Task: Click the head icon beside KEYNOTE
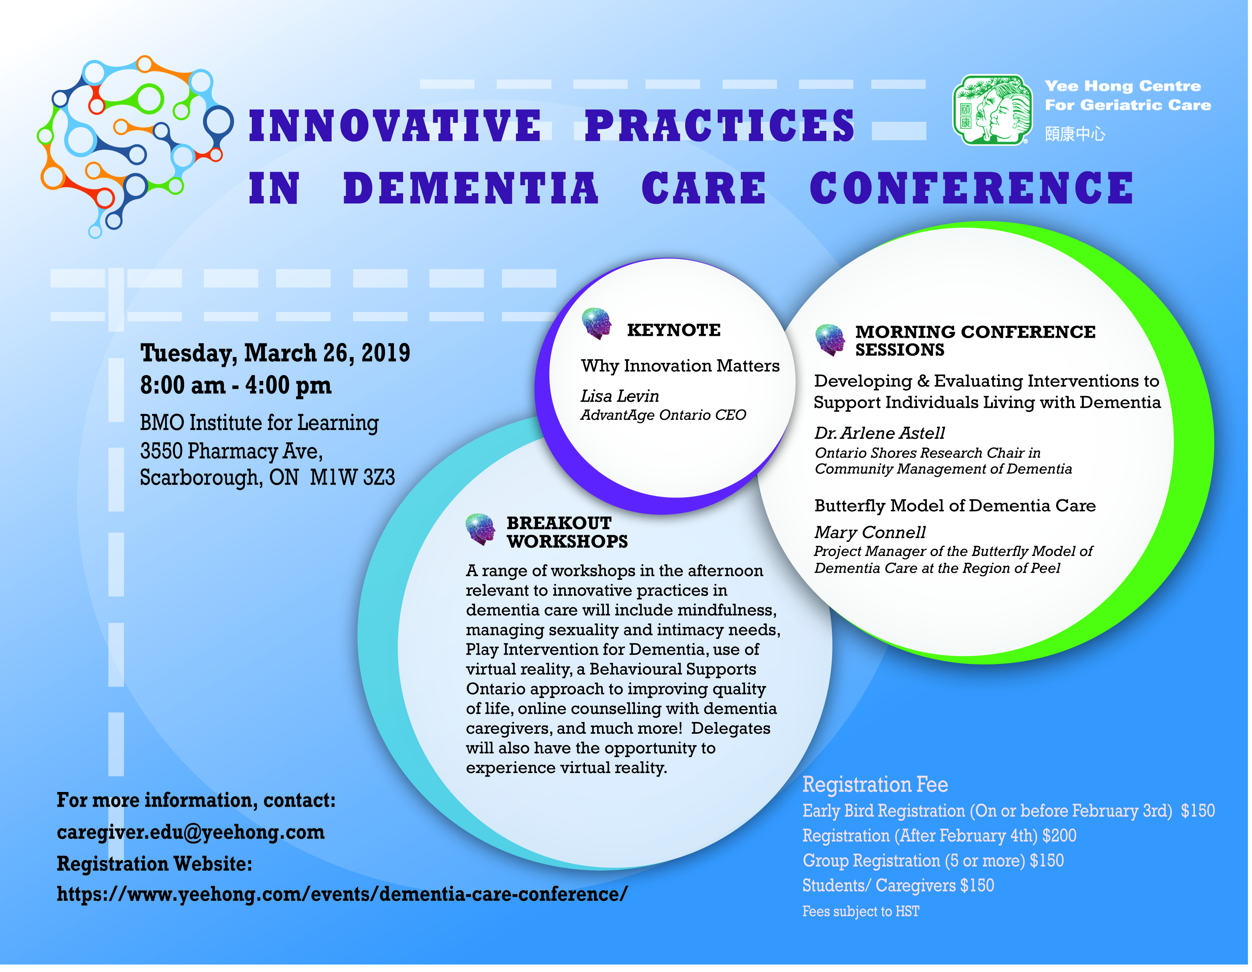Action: (x=597, y=324)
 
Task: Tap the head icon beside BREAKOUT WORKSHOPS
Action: (x=480, y=529)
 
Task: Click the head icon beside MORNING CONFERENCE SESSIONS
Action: (x=830, y=340)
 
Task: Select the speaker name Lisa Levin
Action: (x=620, y=396)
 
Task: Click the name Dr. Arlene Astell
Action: (x=880, y=433)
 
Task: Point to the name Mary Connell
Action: (x=870, y=533)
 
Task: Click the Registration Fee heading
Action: (x=875, y=784)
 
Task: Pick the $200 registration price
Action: (x=1060, y=835)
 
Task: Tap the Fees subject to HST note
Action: (x=861, y=911)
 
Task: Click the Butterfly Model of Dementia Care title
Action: (x=955, y=506)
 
